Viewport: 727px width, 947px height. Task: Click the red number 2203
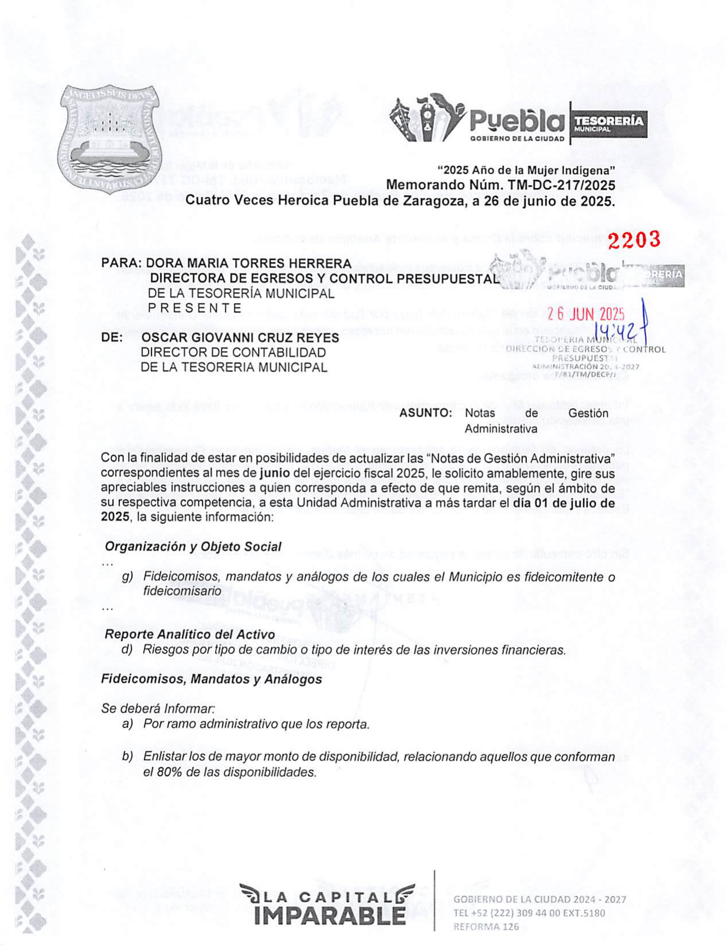pyautogui.click(x=634, y=240)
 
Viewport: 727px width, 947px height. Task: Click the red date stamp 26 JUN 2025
pyautogui.click(x=585, y=314)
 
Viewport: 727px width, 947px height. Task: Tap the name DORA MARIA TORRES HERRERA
pyautogui.click(x=249, y=263)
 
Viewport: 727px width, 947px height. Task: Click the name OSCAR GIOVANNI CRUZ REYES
pyautogui.click(x=240, y=338)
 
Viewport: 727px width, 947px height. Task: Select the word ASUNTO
pyautogui.click(x=425, y=413)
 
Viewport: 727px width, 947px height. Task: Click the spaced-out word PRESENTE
pyautogui.click(x=194, y=308)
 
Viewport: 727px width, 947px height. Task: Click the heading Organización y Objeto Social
pyautogui.click(x=193, y=546)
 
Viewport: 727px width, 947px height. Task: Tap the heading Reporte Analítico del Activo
pyautogui.click(x=189, y=635)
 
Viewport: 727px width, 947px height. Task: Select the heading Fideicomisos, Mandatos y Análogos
pyautogui.click(x=211, y=679)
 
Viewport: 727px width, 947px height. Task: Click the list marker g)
pyautogui.click(x=127, y=577)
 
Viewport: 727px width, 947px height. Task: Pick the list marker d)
pyautogui.click(x=127, y=649)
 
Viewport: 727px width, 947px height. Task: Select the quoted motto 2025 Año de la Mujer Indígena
pyautogui.click(x=526, y=170)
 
